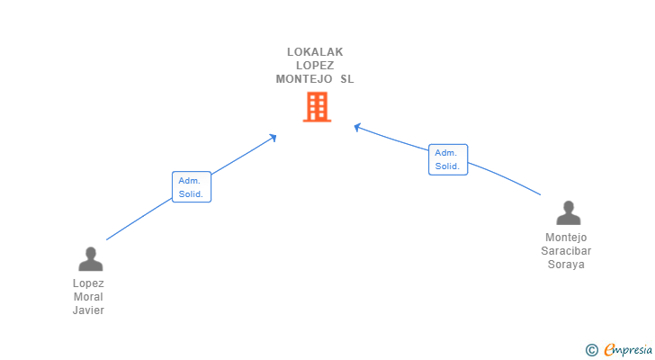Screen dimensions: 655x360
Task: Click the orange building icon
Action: pyautogui.click(x=317, y=108)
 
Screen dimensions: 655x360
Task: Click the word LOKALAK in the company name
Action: pyautogui.click(x=315, y=52)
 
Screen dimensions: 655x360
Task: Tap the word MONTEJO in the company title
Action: pyautogui.click(x=302, y=79)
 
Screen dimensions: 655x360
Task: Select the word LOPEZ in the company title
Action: pyautogui.click(x=315, y=66)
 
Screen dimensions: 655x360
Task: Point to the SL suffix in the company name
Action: pyautogui.click(x=346, y=79)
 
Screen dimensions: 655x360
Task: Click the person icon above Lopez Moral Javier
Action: pyautogui.click(x=90, y=259)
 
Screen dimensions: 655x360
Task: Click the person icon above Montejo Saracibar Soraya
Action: pyautogui.click(x=568, y=213)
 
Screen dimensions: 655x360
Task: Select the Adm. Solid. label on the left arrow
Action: pyautogui.click(x=191, y=187)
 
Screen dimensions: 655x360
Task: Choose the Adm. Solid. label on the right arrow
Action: pyautogui.click(x=447, y=159)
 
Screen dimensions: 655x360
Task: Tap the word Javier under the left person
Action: pyautogui.click(x=89, y=310)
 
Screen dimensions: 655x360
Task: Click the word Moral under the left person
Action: pyautogui.click(x=89, y=297)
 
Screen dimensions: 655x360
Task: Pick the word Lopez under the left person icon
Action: pyautogui.click(x=89, y=283)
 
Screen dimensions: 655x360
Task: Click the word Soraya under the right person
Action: pyautogui.click(x=566, y=265)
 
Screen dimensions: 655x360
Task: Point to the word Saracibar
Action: pyautogui.click(x=566, y=251)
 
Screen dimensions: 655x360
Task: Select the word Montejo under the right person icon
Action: pyautogui.click(x=566, y=238)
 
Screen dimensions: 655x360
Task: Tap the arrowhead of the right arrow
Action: pyautogui.click(x=357, y=128)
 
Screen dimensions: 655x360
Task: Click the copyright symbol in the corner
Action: pyautogui.click(x=592, y=350)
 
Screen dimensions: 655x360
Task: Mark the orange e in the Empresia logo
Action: pyautogui.click(x=609, y=350)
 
